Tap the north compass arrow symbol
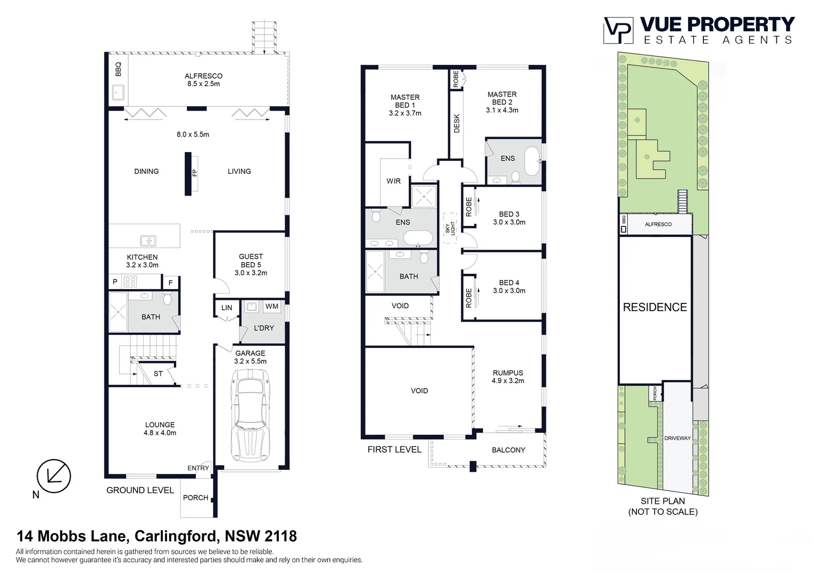pos(54,476)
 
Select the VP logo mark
pos(618,30)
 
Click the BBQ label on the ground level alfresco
pos(118,69)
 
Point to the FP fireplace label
pos(194,173)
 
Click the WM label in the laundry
pos(272,306)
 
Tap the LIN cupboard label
pos(227,307)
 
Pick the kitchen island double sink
pos(148,241)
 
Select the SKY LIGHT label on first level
pos(450,228)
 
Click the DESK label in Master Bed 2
pos(457,123)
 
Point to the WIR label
pos(393,181)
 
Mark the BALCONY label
pos(508,450)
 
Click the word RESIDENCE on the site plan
pos(654,307)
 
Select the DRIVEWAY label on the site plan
pos(677,438)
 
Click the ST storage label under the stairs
pos(158,374)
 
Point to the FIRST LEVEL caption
pos(394,449)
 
